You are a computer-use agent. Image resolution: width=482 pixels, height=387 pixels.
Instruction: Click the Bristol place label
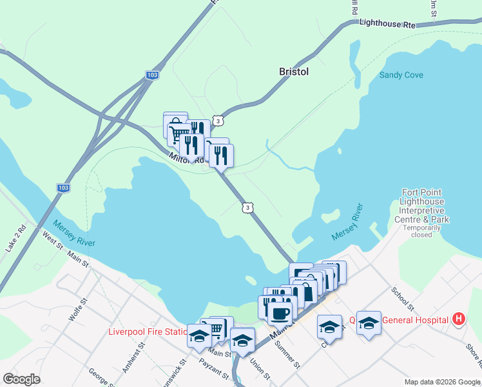[294, 72]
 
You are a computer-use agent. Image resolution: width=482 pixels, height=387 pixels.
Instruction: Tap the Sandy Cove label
[401, 75]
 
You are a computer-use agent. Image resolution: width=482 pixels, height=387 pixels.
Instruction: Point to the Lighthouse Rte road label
[387, 23]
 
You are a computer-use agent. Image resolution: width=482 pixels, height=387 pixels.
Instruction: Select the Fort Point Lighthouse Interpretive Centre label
[425, 206]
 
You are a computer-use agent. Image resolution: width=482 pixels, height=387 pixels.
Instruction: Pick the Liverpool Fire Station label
[148, 332]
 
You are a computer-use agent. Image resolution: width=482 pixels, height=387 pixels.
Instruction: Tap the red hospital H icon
[458, 319]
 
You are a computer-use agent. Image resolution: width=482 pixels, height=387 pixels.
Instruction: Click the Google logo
[21, 379]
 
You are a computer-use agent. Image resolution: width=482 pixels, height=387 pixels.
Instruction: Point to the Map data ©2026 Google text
[441, 382]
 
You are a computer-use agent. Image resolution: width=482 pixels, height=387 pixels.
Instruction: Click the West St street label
[53, 241]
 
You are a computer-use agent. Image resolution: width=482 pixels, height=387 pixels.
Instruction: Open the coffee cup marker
[279, 313]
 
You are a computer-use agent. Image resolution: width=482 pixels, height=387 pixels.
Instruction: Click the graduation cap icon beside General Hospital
[369, 322]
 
